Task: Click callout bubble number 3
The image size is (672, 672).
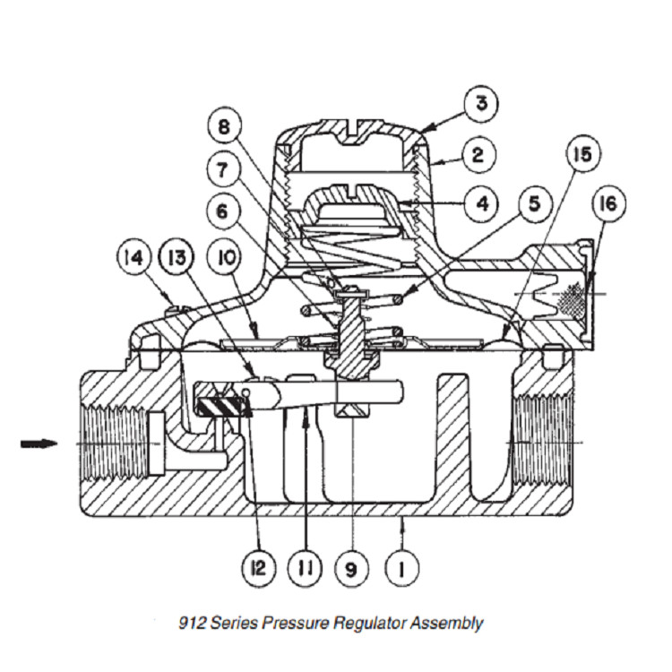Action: [480, 104]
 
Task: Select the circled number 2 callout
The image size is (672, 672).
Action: [478, 154]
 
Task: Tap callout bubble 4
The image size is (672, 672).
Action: [481, 203]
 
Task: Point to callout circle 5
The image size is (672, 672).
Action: [534, 203]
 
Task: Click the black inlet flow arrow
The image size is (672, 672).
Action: [39, 443]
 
